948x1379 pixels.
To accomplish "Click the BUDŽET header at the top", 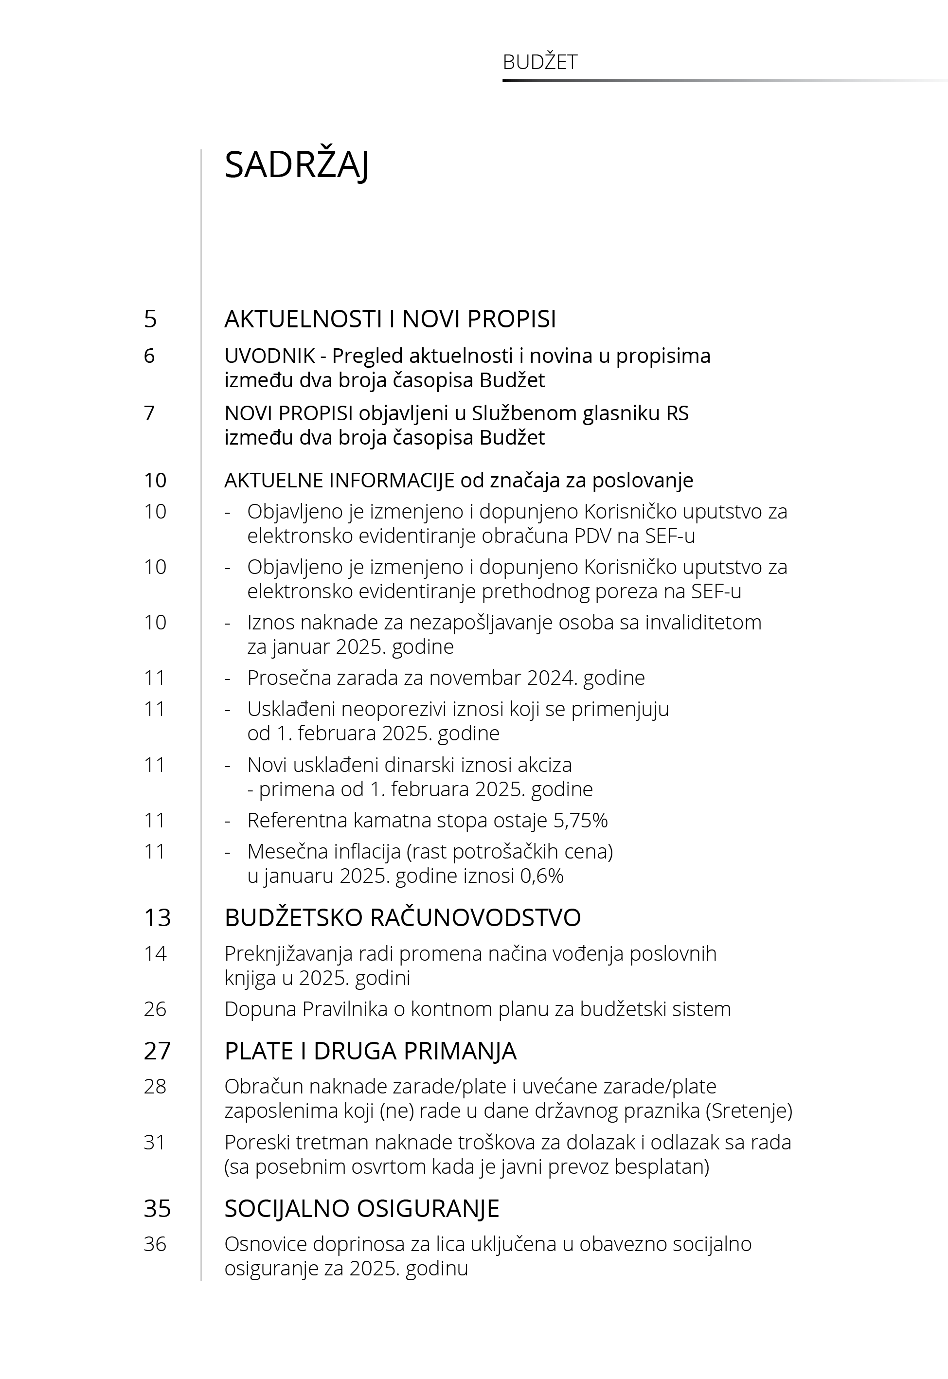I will coord(539,62).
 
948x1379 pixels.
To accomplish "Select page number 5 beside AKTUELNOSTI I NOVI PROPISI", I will coord(150,319).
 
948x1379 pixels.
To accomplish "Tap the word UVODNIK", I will coord(269,356).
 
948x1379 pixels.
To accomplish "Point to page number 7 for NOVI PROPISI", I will coord(149,413).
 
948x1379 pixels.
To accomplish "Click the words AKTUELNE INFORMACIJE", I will coord(339,480).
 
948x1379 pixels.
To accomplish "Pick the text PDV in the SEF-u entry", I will coord(593,536).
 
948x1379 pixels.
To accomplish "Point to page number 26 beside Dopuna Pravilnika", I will coord(155,1009).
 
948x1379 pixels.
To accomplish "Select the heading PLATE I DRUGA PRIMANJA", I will coord(370,1051).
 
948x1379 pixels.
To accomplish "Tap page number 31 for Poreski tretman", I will coord(155,1143).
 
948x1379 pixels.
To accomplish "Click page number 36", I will coord(155,1244).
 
